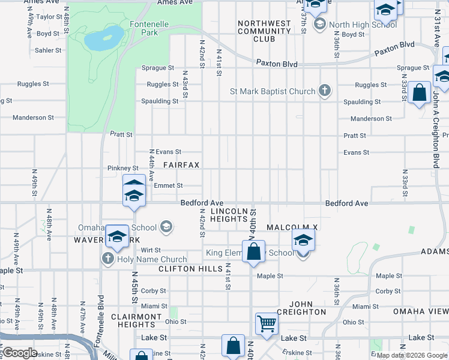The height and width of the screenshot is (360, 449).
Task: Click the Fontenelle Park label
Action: point(148,29)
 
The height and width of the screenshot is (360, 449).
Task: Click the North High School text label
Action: point(363,25)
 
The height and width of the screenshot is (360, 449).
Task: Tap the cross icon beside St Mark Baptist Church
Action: point(325,91)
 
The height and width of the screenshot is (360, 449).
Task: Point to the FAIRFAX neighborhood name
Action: point(181,164)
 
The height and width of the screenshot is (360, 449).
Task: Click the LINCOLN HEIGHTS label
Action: point(229,215)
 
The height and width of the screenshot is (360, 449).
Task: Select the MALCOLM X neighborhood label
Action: point(292,228)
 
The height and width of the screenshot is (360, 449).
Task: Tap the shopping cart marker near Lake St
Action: point(267,323)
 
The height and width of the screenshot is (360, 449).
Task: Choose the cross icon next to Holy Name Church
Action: point(108,259)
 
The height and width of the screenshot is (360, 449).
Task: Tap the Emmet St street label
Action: point(164,186)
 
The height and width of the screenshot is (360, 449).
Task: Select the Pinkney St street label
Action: point(123,169)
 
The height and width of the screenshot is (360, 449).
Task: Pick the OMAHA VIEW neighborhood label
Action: point(420,312)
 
